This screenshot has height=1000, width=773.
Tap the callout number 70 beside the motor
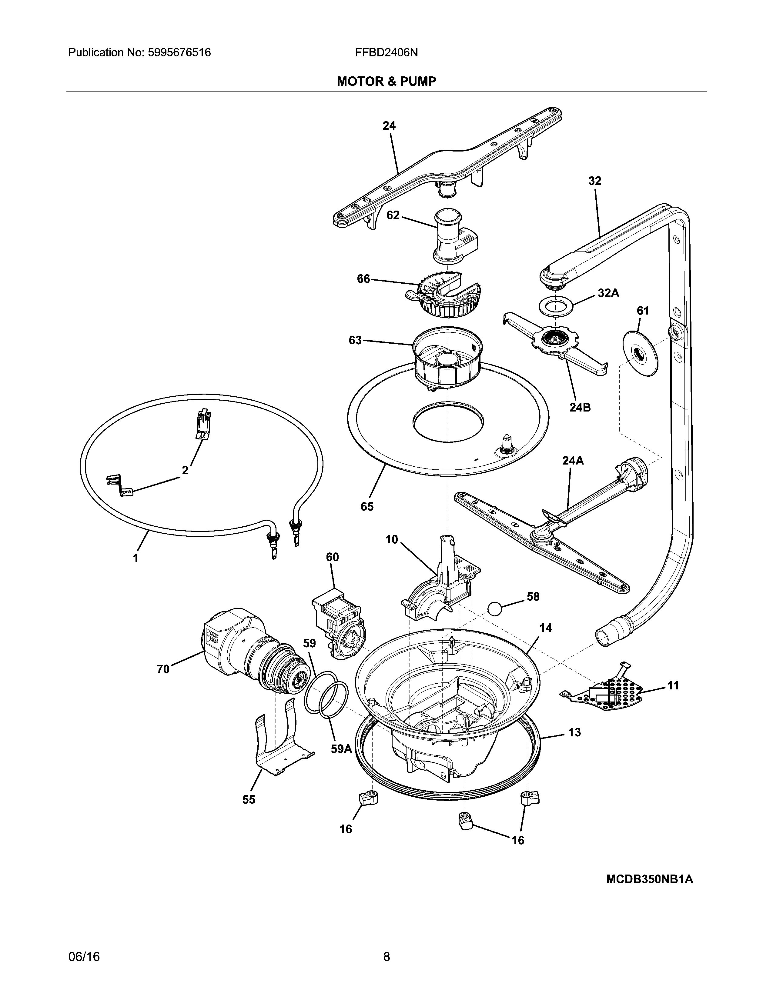163,669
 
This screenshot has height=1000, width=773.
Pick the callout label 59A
341,749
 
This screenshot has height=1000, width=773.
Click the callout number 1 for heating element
136,558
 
